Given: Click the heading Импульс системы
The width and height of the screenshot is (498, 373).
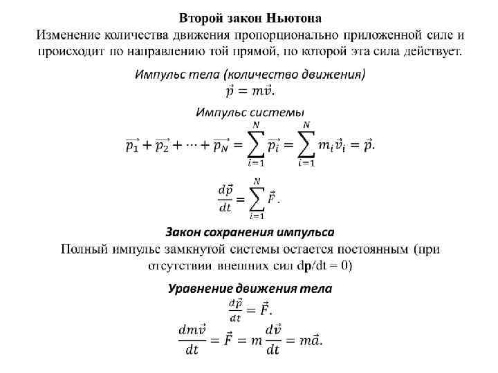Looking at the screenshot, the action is (250, 112).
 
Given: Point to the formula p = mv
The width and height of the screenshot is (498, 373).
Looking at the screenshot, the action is (249, 90).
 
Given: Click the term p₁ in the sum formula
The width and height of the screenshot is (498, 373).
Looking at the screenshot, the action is (133, 145).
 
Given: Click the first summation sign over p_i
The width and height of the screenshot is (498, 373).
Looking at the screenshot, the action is (257, 144).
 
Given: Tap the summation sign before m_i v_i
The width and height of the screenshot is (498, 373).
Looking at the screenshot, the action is (306, 144).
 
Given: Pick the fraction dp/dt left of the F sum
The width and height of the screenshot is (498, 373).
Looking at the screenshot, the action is (226, 198).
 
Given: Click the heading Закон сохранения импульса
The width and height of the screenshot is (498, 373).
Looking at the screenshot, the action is (250, 231).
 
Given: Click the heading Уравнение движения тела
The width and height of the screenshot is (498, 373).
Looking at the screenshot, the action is (250, 289).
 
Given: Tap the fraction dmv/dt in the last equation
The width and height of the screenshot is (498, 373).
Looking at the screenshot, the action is (192, 339).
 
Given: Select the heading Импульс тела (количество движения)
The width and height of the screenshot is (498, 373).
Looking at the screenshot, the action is (250, 73).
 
